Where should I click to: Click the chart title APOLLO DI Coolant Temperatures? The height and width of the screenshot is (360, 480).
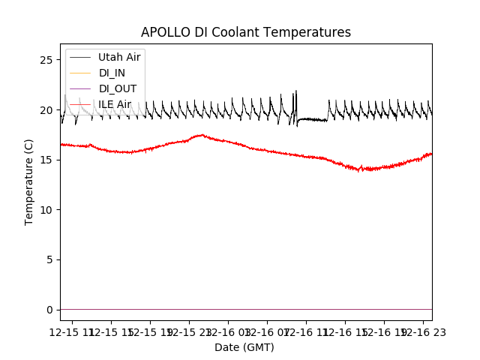246,32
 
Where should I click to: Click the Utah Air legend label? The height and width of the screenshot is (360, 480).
119,57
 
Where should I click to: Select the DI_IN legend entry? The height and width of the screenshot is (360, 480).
113,73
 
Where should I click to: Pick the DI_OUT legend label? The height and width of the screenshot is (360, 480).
118,88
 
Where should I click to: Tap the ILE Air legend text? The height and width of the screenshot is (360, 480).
115,104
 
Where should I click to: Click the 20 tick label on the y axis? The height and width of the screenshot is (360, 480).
46,109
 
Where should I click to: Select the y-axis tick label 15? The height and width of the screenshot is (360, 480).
46,160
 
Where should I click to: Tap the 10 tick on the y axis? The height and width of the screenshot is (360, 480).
46,209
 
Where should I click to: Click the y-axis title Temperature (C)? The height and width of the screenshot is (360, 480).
29,181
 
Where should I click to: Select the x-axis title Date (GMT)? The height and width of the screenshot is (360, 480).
244,347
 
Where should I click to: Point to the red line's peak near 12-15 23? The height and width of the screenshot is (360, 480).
201,135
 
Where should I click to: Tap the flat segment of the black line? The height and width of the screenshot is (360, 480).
312,119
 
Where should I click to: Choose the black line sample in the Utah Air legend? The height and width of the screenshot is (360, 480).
80,57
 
